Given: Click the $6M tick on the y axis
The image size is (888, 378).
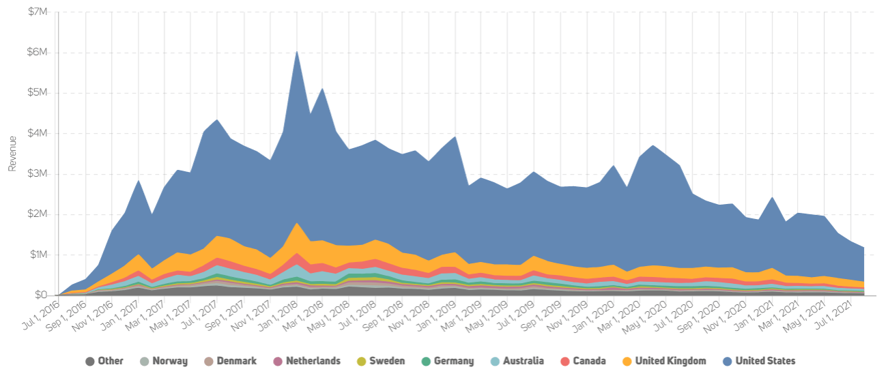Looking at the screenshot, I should (x=38, y=53).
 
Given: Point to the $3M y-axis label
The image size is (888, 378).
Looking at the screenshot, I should (x=38, y=174).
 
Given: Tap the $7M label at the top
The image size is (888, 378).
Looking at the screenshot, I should (x=38, y=12).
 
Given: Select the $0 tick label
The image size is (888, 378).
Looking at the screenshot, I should (x=42, y=295).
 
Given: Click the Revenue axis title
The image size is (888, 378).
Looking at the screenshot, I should (x=12, y=154).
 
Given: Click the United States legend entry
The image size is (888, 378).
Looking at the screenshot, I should (x=765, y=361).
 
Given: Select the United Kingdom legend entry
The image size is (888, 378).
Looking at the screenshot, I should (x=670, y=361).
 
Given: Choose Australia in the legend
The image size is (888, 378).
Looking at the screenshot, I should (x=524, y=361).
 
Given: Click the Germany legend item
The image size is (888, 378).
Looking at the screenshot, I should (x=453, y=361).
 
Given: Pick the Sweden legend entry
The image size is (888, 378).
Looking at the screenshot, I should (x=387, y=361).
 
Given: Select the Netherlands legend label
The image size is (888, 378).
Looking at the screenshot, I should (x=313, y=361).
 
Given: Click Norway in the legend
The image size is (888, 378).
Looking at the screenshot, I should (x=170, y=361).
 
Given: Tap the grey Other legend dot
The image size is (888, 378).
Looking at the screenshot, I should (x=89, y=361).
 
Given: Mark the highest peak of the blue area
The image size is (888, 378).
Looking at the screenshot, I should (x=296, y=51).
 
